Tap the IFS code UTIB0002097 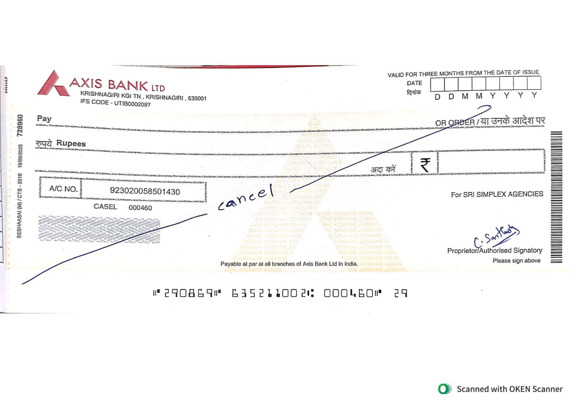pos(132,104)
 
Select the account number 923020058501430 pos(145,191)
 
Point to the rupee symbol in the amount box pos(425,165)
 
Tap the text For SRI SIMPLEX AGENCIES pos(497,194)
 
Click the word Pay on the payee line pos(44,119)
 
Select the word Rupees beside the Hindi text pos(71,143)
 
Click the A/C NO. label pos(63,189)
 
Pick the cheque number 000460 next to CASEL pos(140,208)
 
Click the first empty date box pos(437,84)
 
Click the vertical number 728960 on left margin pos(21,125)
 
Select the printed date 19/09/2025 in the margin pos(21,156)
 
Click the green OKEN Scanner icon pos(444,389)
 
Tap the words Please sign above pos(516,261)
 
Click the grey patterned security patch pos(99,229)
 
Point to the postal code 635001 pos(197,98)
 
